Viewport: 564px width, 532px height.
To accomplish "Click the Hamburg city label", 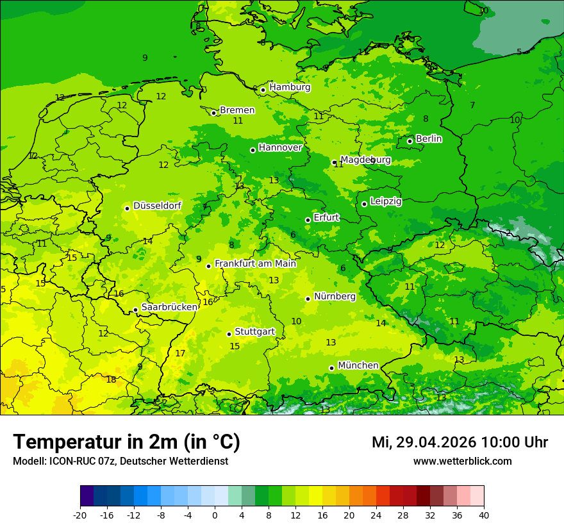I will [x=290, y=87].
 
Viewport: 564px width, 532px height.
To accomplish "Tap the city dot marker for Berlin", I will [x=410, y=141].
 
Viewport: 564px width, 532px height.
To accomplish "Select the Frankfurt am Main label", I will [x=255, y=263].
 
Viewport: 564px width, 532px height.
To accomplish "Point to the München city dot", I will [x=331, y=368].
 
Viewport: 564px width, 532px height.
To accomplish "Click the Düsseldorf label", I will [x=157, y=206].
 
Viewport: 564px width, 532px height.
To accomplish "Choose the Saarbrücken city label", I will [x=169, y=307].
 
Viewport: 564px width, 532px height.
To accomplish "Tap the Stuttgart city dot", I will [x=229, y=334].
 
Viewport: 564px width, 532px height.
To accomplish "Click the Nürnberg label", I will [x=335, y=296].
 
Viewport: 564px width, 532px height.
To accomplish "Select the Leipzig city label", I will [x=386, y=201].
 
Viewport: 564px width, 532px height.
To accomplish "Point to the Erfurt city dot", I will [x=308, y=220].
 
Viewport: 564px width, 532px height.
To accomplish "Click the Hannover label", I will [x=280, y=147].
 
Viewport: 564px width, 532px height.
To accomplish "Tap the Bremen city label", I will [x=237, y=110].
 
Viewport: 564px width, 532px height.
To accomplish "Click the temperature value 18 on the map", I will [x=111, y=379].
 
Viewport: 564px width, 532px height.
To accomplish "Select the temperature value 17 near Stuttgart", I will [x=180, y=353].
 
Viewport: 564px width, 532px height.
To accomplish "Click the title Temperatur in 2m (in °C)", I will [x=126, y=442].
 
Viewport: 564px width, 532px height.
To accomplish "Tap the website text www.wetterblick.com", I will [x=462, y=461].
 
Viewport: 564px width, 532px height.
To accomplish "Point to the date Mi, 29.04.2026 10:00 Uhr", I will [x=460, y=442].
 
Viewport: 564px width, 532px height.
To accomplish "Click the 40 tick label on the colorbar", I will [x=483, y=515].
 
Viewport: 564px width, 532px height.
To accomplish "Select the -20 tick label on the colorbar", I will [x=80, y=515].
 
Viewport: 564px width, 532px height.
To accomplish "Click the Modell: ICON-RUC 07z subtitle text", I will [x=120, y=461].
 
